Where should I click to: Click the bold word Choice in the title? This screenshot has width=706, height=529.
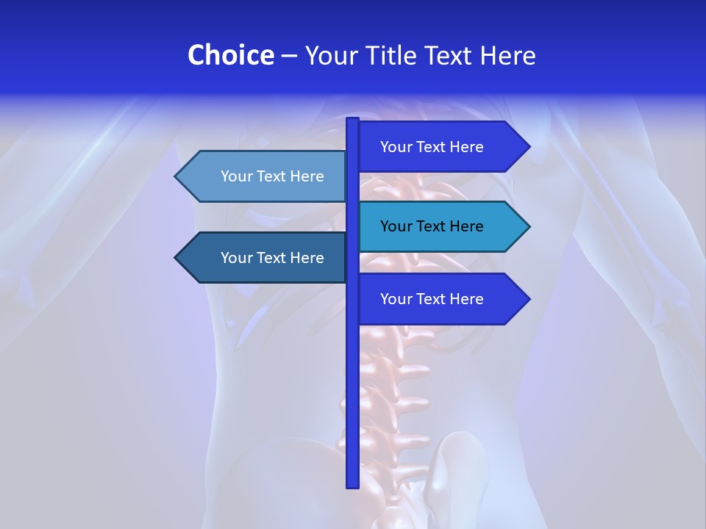(x=230, y=55)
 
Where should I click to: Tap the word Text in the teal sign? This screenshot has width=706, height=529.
(x=432, y=226)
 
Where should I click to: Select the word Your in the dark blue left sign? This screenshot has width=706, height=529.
(x=235, y=258)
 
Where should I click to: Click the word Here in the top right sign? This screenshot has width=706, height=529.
(x=466, y=147)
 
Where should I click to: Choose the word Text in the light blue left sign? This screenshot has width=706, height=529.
(x=272, y=176)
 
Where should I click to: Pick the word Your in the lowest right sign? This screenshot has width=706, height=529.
(x=395, y=299)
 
